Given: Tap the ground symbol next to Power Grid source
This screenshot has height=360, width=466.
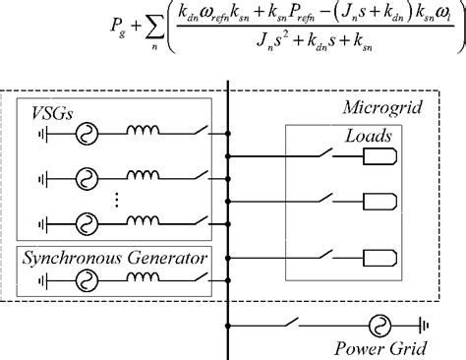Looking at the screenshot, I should point(425,324).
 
